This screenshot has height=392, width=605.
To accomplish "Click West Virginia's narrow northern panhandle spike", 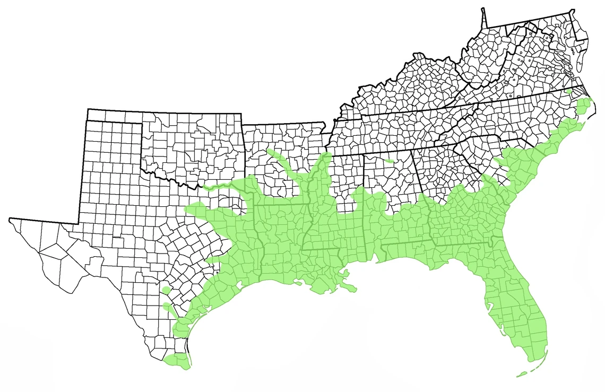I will click(x=485, y=19).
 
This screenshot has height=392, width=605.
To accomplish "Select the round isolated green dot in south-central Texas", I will click(x=167, y=290).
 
